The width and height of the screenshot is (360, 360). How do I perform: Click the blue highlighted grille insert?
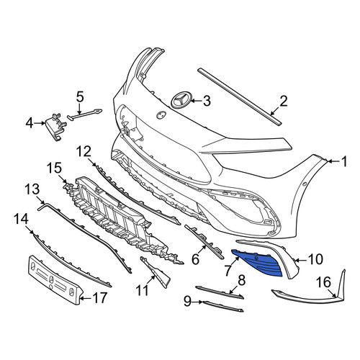point(258,263)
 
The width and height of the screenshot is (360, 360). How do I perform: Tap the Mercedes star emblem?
point(181,101)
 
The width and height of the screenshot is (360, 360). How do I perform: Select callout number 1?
point(344,161)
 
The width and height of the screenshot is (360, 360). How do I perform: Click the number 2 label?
point(283,101)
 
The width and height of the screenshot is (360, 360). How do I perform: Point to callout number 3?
point(207,101)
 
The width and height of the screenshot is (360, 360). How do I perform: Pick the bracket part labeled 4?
point(55,127)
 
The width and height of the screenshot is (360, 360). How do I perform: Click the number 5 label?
point(80,97)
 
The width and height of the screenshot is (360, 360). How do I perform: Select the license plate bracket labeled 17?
point(55,280)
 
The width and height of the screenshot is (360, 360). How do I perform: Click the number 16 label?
point(324,282)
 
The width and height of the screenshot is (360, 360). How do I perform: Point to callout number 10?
point(315,259)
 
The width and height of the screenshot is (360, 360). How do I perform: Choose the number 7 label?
point(228,271)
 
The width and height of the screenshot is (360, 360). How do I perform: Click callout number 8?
point(241,280)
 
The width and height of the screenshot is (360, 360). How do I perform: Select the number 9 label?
point(188,301)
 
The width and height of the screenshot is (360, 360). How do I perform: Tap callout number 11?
point(142,290)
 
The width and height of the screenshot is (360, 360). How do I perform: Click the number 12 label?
point(84,151)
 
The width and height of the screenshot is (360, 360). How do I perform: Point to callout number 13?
point(32,189)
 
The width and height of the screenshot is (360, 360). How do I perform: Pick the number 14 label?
point(21,219)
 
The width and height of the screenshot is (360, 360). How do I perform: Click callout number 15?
point(54,168)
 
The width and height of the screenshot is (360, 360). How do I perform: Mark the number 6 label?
point(196,259)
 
